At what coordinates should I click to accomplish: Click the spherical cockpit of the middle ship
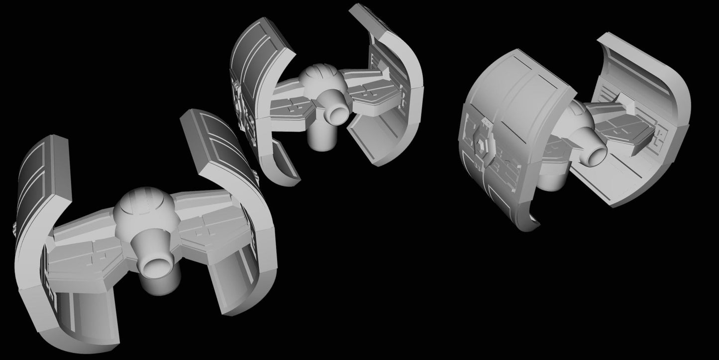click(x=320, y=80)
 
